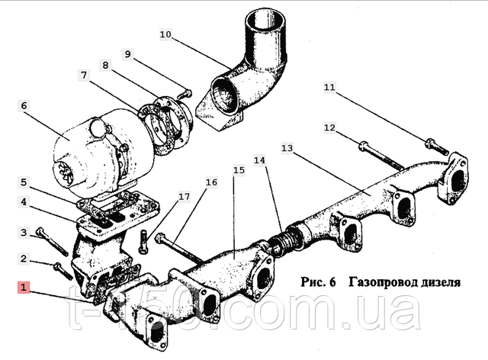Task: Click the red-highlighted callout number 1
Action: (24, 288)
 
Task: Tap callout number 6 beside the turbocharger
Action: (24, 105)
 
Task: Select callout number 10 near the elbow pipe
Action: (165, 34)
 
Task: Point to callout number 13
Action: (287, 148)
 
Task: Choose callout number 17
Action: (184, 197)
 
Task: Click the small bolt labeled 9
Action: (185, 94)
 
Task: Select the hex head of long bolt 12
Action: (364, 146)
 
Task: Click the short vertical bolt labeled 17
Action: (143, 243)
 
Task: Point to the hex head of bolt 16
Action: (161, 238)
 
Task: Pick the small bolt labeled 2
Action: (63, 271)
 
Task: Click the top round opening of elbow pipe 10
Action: (265, 21)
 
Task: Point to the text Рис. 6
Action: (319, 282)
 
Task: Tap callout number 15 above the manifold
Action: (239, 170)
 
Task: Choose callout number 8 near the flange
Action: (105, 65)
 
